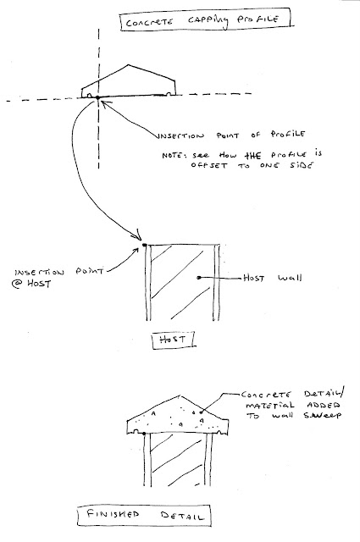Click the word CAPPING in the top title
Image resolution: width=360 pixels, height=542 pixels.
[208, 21]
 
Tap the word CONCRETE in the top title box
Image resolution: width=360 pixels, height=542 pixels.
[149, 23]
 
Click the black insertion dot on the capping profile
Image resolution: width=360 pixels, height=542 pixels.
[97, 98]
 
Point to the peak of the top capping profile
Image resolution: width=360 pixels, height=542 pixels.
[129, 64]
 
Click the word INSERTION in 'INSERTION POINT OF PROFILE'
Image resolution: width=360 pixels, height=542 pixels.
[181, 135]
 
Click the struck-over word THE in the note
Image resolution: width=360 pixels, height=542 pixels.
[254, 156]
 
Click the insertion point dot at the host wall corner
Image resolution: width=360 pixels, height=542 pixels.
[145, 245]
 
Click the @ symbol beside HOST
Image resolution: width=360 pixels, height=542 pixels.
[16, 285]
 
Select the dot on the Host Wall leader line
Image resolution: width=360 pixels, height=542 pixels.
[199, 277]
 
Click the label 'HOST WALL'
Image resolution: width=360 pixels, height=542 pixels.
[272, 278]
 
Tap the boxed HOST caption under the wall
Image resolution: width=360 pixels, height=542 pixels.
[173, 340]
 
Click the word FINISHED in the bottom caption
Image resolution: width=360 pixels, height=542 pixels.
[113, 514]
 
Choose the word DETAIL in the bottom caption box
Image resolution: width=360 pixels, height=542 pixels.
[182, 516]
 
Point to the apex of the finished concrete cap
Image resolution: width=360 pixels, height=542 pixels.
[179, 395]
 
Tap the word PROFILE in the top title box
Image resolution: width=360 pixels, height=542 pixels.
[258, 19]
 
